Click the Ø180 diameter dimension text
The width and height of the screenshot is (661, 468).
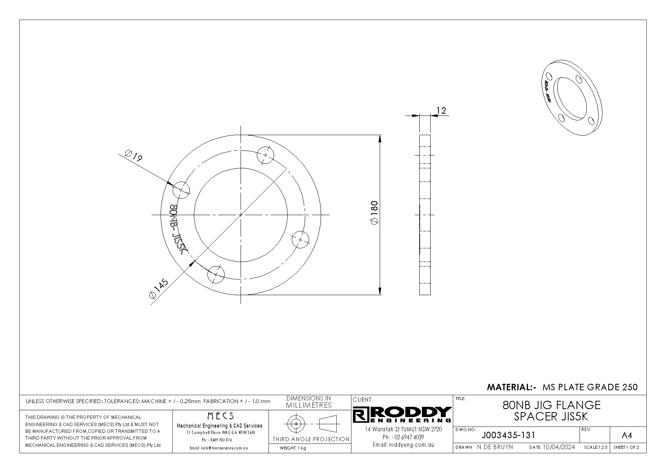click(374, 213)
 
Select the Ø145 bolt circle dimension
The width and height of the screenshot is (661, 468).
click(159, 289)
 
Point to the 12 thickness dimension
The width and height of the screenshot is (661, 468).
click(441, 111)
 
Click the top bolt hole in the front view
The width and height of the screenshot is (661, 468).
click(266, 155)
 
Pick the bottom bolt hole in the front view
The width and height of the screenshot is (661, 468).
click(216, 274)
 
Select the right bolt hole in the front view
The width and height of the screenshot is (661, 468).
click(300, 239)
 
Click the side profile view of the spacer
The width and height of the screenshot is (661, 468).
click(425, 215)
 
